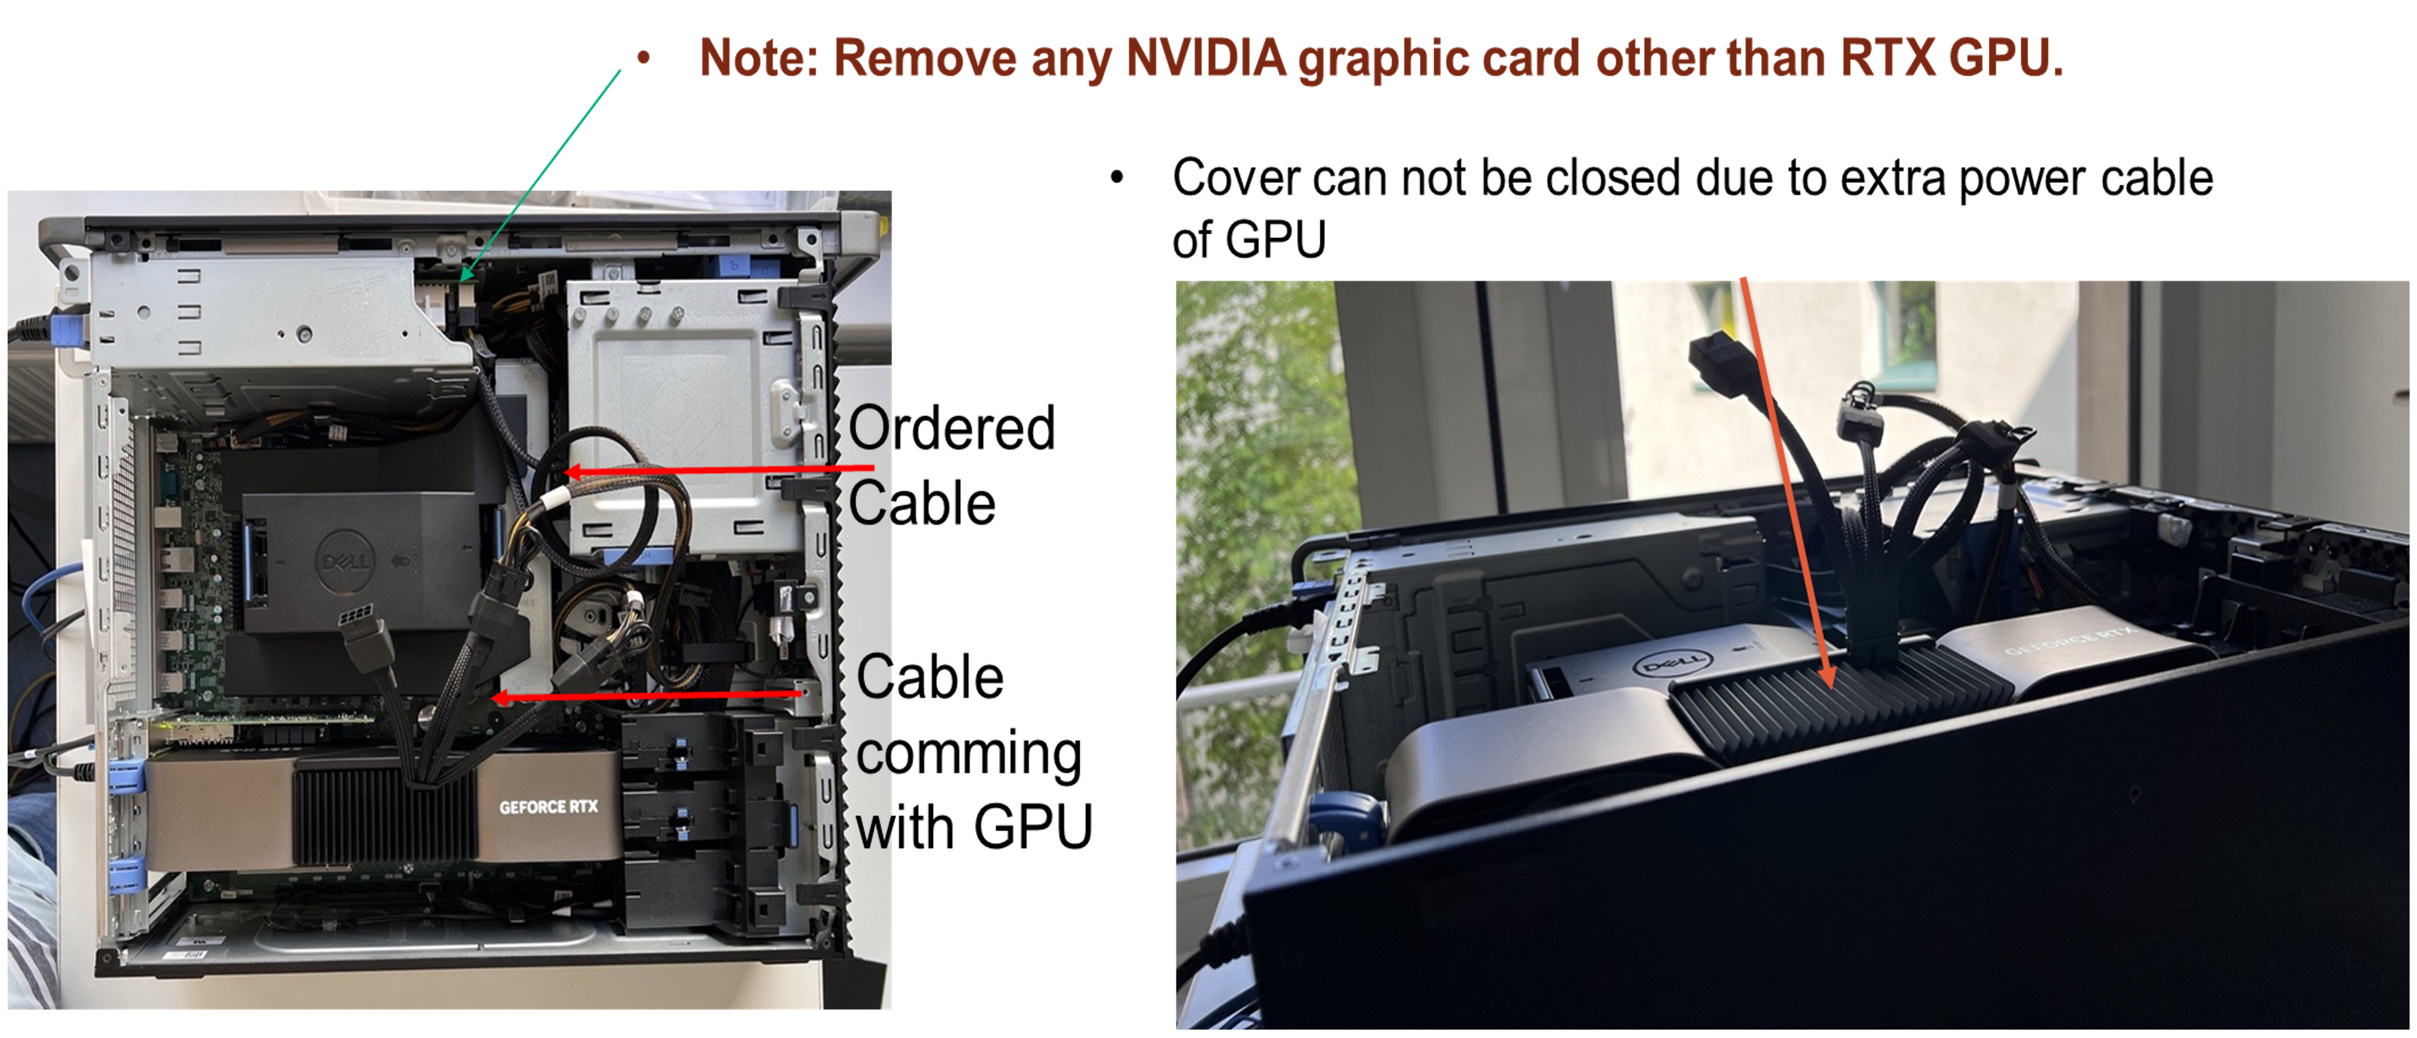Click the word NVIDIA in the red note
point(1206,58)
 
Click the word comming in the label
point(969,754)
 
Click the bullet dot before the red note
point(644,58)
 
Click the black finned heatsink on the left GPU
point(385,812)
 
